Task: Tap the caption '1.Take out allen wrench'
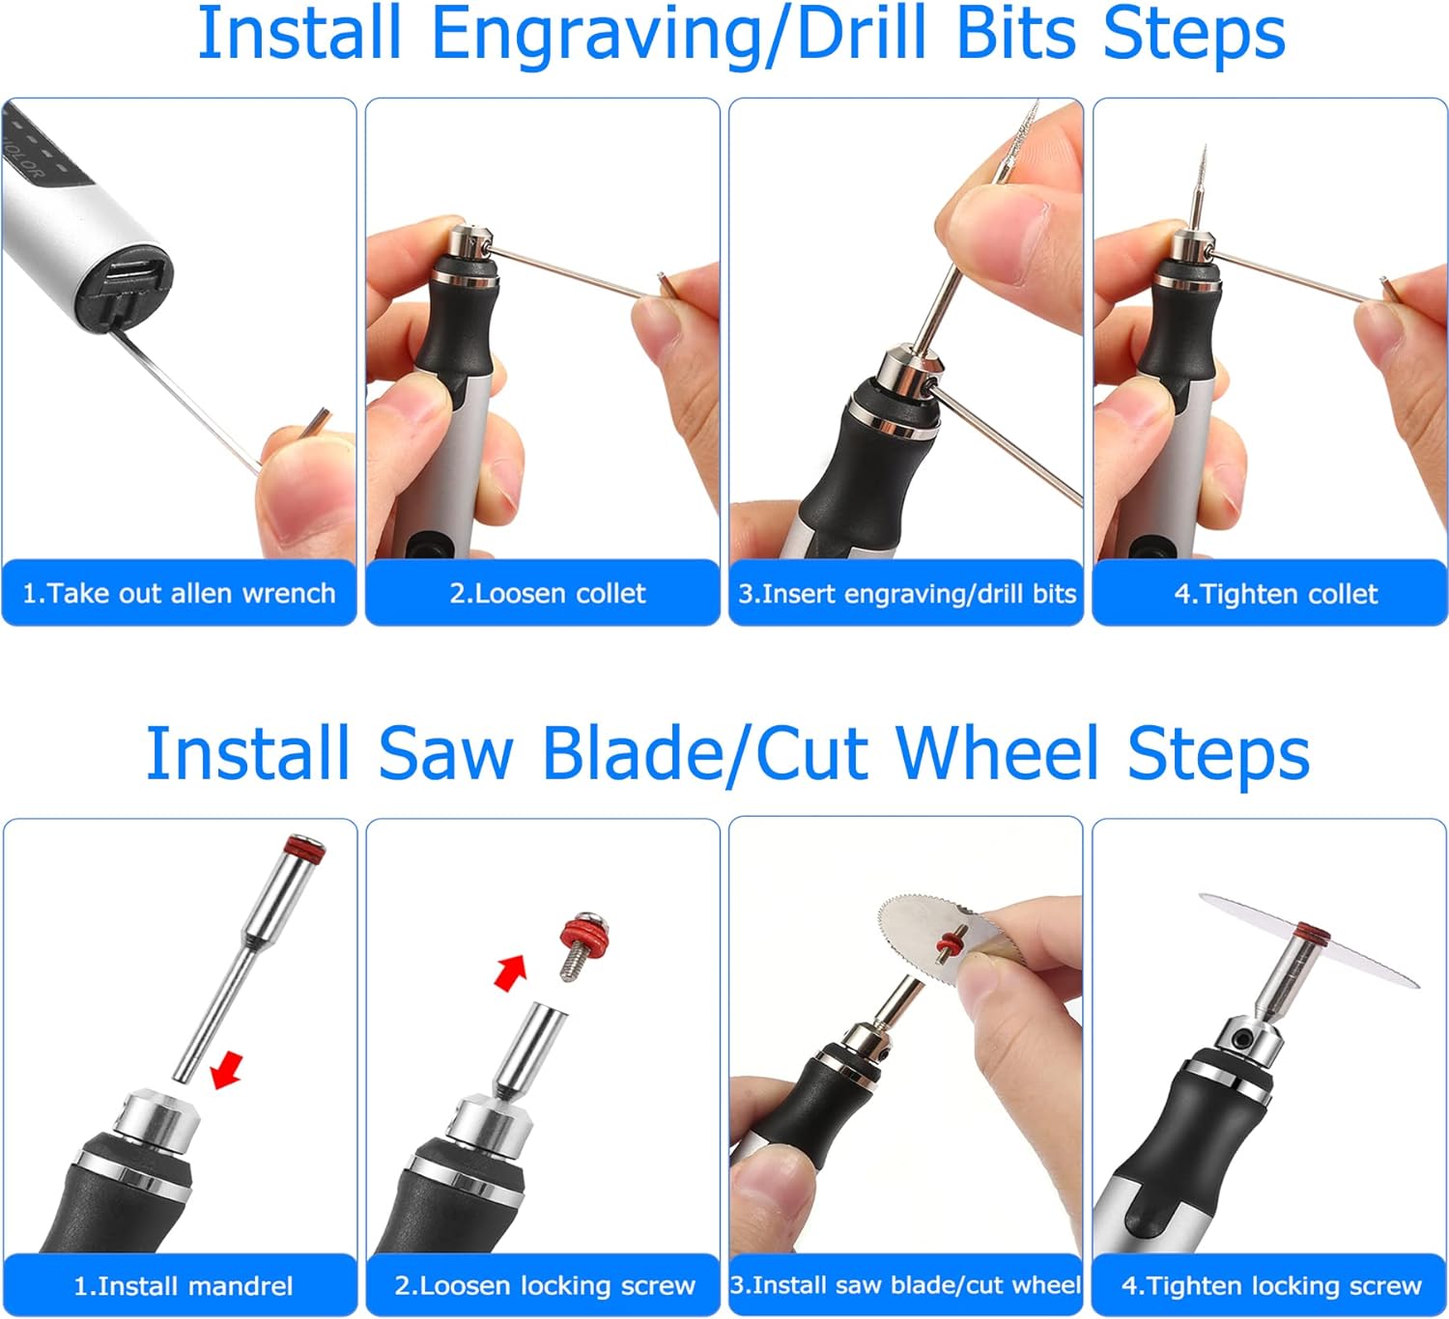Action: pyautogui.click(x=179, y=593)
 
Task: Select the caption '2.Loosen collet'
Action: pyautogui.click(x=547, y=593)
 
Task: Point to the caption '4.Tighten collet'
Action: pyautogui.click(x=1276, y=594)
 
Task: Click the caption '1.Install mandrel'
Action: pyautogui.click(x=184, y=1286)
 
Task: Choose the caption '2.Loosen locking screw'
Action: pyautogui.click(x=545, y=1285)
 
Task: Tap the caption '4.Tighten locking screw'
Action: pyautogui.click(x=1271, y=1285)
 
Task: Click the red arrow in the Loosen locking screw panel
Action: pyautogui.click(x=511, y=972)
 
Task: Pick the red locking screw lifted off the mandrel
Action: pyautogui.click(x=582, y=943)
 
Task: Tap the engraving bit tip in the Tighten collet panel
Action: pyautogui.click(x=1204, y=151)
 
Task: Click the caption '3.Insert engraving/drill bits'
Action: pyautogui.click(x=906, y=594)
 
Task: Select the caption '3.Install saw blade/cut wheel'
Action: pyautogui.click(x=906, y=1285)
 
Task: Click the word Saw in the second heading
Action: pyautogui.click(x=445, y=754)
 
